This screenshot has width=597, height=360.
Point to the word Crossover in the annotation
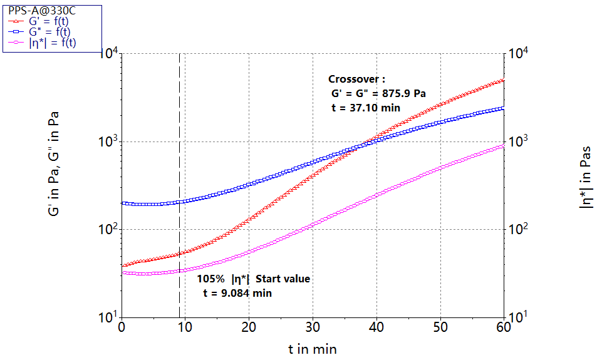point(354,79)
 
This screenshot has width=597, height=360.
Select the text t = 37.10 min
point(365,108)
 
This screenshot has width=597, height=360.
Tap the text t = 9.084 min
point(237,292)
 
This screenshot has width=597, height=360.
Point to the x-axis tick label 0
point(122,327)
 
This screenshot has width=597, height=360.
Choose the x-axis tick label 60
point(504,327)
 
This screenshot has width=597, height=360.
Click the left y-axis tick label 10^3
point(109,141)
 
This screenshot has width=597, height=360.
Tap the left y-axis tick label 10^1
point(109,317)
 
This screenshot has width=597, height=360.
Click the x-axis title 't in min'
point(313,349)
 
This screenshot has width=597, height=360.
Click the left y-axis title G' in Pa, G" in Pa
point(54,165)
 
